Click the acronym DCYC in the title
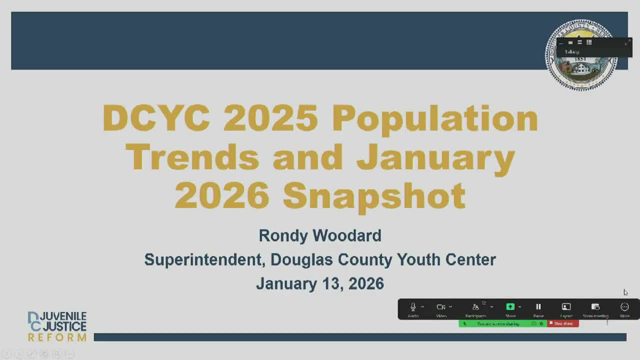156,118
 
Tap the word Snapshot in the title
374,195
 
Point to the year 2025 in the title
270,118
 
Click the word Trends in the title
192,157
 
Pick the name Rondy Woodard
320,235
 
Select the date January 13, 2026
320,283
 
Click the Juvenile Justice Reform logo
56,326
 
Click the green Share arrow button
510,307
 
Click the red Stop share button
563,323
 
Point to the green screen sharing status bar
500,323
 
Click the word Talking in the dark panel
572,52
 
